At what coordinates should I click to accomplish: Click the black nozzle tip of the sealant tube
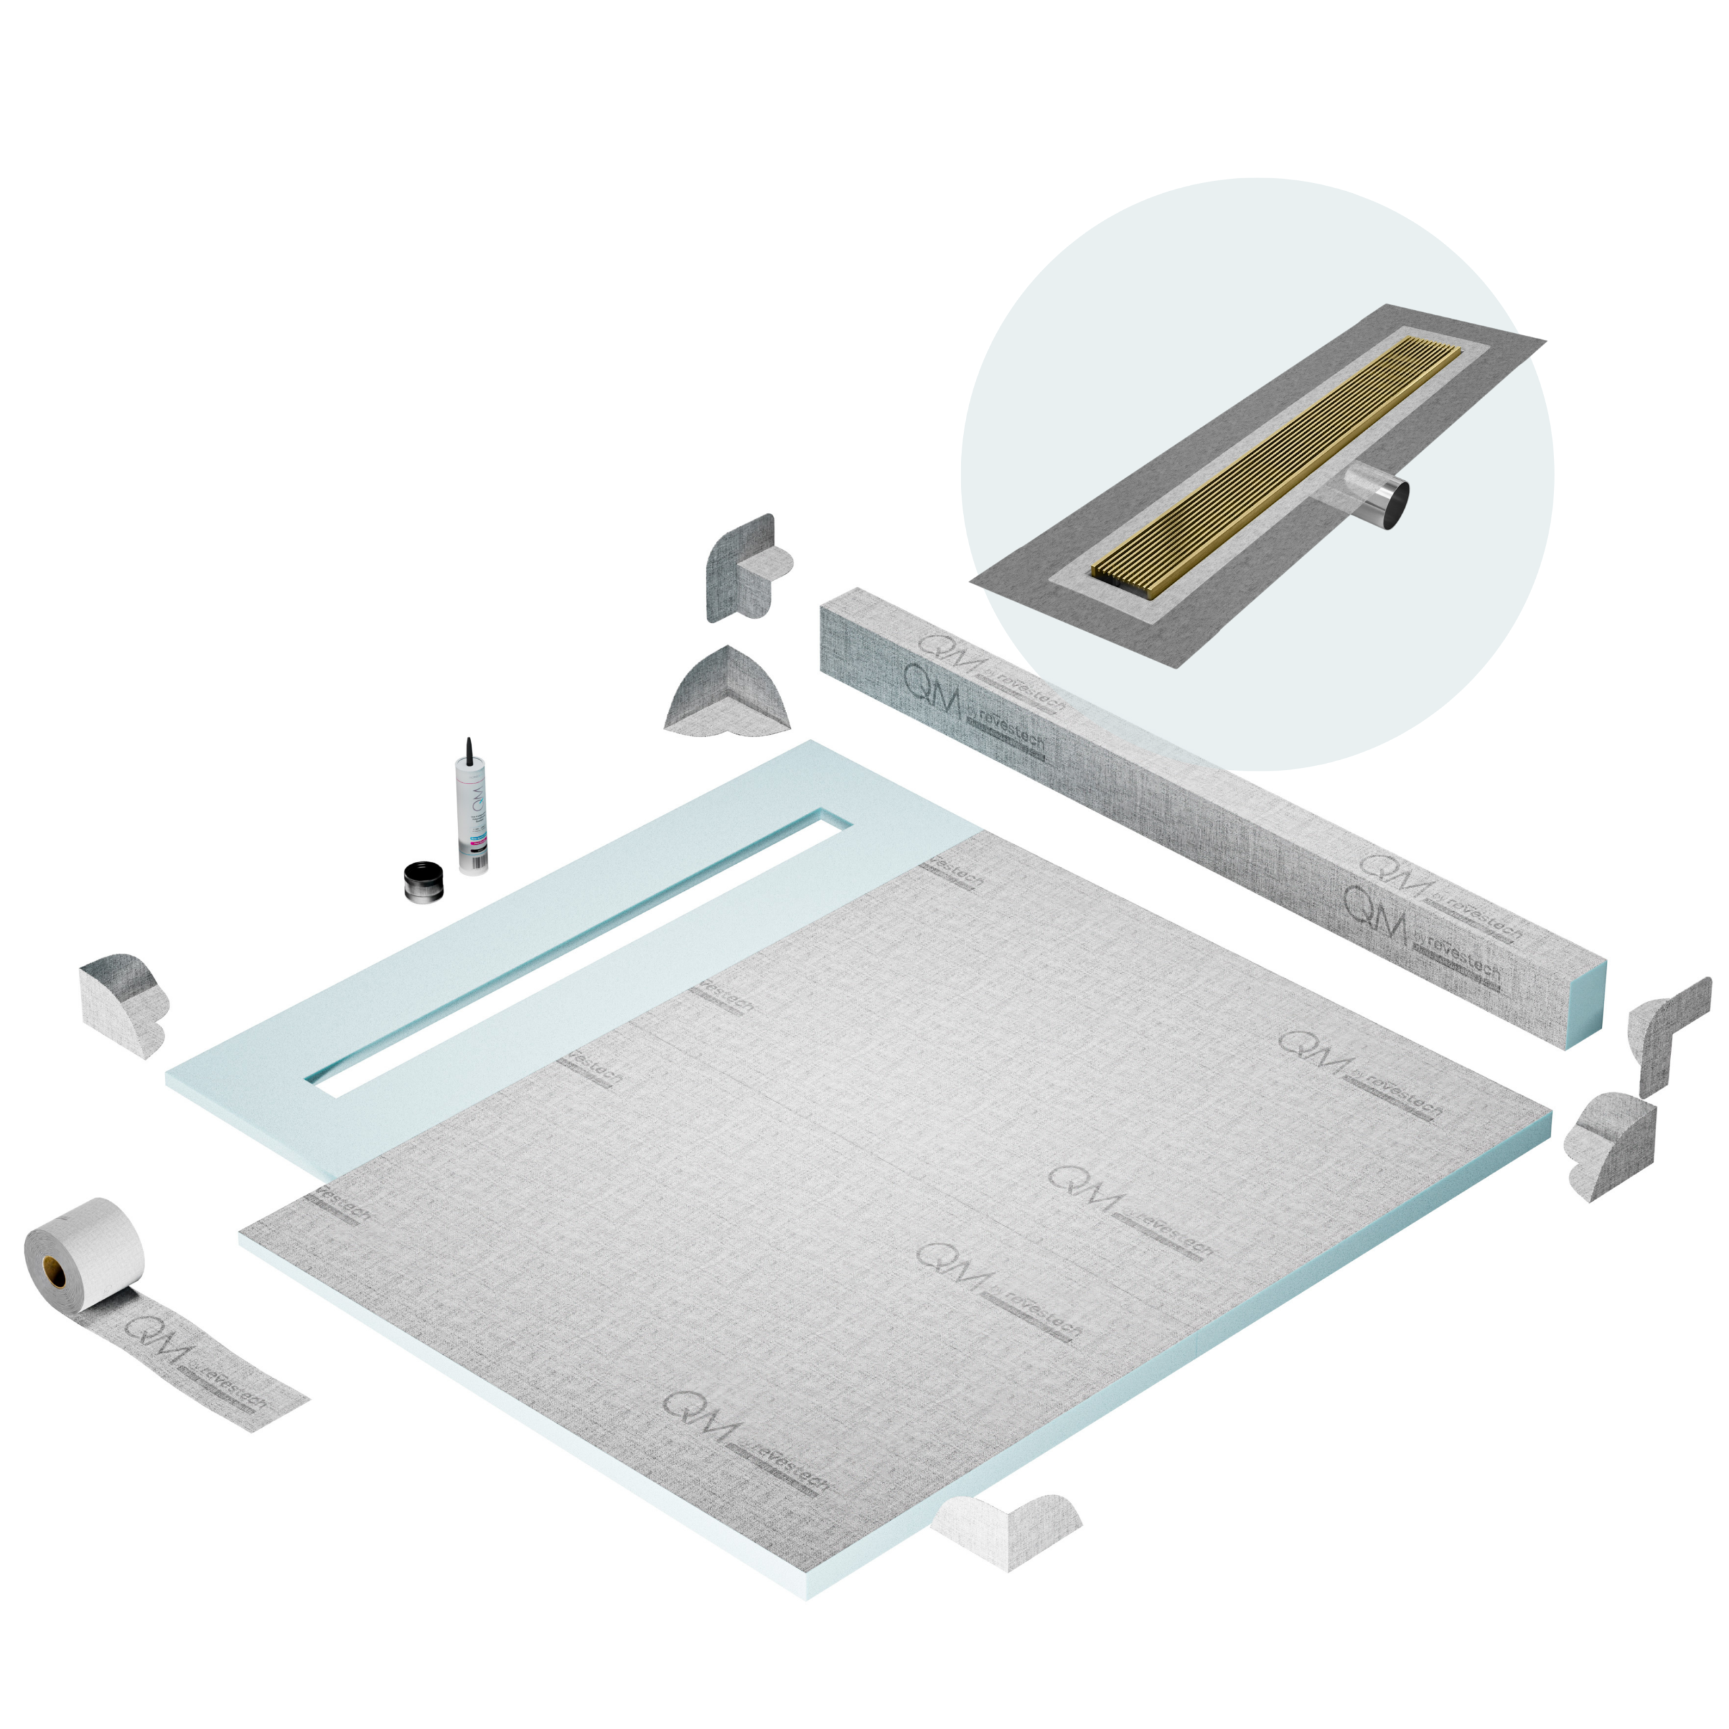click(468, 748)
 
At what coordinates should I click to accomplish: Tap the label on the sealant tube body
click(473, 819)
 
